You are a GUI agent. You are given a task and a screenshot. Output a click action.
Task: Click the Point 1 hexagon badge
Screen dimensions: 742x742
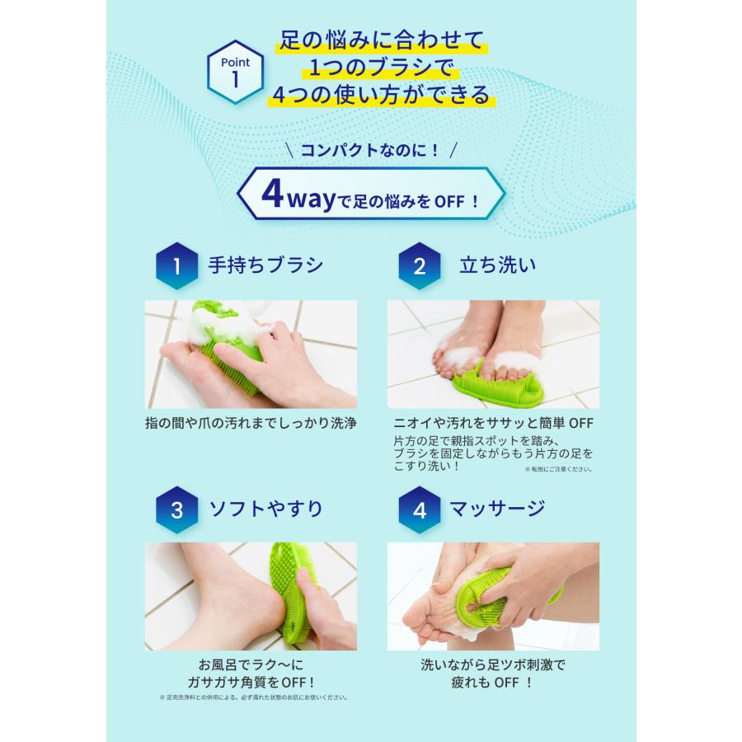point(236,73)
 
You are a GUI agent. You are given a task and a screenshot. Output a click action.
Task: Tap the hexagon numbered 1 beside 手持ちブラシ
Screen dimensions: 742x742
point(176,265)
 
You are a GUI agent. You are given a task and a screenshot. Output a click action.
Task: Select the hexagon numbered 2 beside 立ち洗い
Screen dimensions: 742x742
point(420,265)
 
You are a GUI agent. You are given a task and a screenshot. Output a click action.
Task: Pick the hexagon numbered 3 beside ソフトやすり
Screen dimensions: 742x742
point(176,509)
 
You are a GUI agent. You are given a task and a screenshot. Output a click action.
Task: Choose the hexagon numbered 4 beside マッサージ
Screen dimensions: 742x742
point(420,509)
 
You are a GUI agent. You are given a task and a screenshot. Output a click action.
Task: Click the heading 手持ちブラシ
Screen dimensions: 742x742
point(265,265)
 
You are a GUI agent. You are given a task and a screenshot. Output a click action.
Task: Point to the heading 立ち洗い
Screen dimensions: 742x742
point(497,265)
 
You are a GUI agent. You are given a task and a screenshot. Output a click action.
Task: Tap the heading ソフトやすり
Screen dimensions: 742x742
point(265,508)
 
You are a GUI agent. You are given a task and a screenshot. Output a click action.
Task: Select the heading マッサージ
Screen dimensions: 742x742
point(497,508)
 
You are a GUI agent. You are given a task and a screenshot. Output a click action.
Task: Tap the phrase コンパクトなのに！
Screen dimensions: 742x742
point(370,150)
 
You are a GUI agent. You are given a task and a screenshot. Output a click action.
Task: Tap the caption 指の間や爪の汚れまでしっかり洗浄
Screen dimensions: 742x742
point(251,423)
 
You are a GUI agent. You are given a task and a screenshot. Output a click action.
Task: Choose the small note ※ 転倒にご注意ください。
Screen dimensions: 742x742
point(558,469)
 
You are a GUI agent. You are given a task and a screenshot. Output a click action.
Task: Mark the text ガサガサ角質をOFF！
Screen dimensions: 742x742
point(251,681)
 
